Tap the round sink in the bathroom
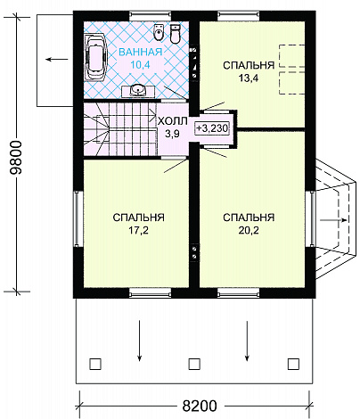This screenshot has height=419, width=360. [x=137, y=90]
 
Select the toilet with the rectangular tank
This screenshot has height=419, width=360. [x=176, y=34]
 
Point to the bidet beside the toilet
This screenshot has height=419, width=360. [x=159, y=32]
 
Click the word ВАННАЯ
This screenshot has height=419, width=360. [x=141, y=52]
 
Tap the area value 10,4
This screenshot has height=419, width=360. [x=141, y=64]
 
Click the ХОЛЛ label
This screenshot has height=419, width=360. [x=172, y=121]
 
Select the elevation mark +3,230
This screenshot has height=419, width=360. [x=212, y=128]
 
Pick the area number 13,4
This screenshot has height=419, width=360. [x=249, y=78]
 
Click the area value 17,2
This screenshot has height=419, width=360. [x=138, y=230]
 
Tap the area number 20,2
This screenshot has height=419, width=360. [x=249, y=230]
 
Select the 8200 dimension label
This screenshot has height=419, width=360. [x=200, y=406]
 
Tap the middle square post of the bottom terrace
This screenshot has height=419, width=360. [x=194, y=364]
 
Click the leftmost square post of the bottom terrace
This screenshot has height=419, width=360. [x=95, y=364]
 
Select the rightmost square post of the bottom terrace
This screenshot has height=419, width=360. [x=293, y=364]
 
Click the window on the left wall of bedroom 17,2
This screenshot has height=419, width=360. [x=78, y=218]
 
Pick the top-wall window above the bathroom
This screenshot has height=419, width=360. [x=151, y=16]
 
